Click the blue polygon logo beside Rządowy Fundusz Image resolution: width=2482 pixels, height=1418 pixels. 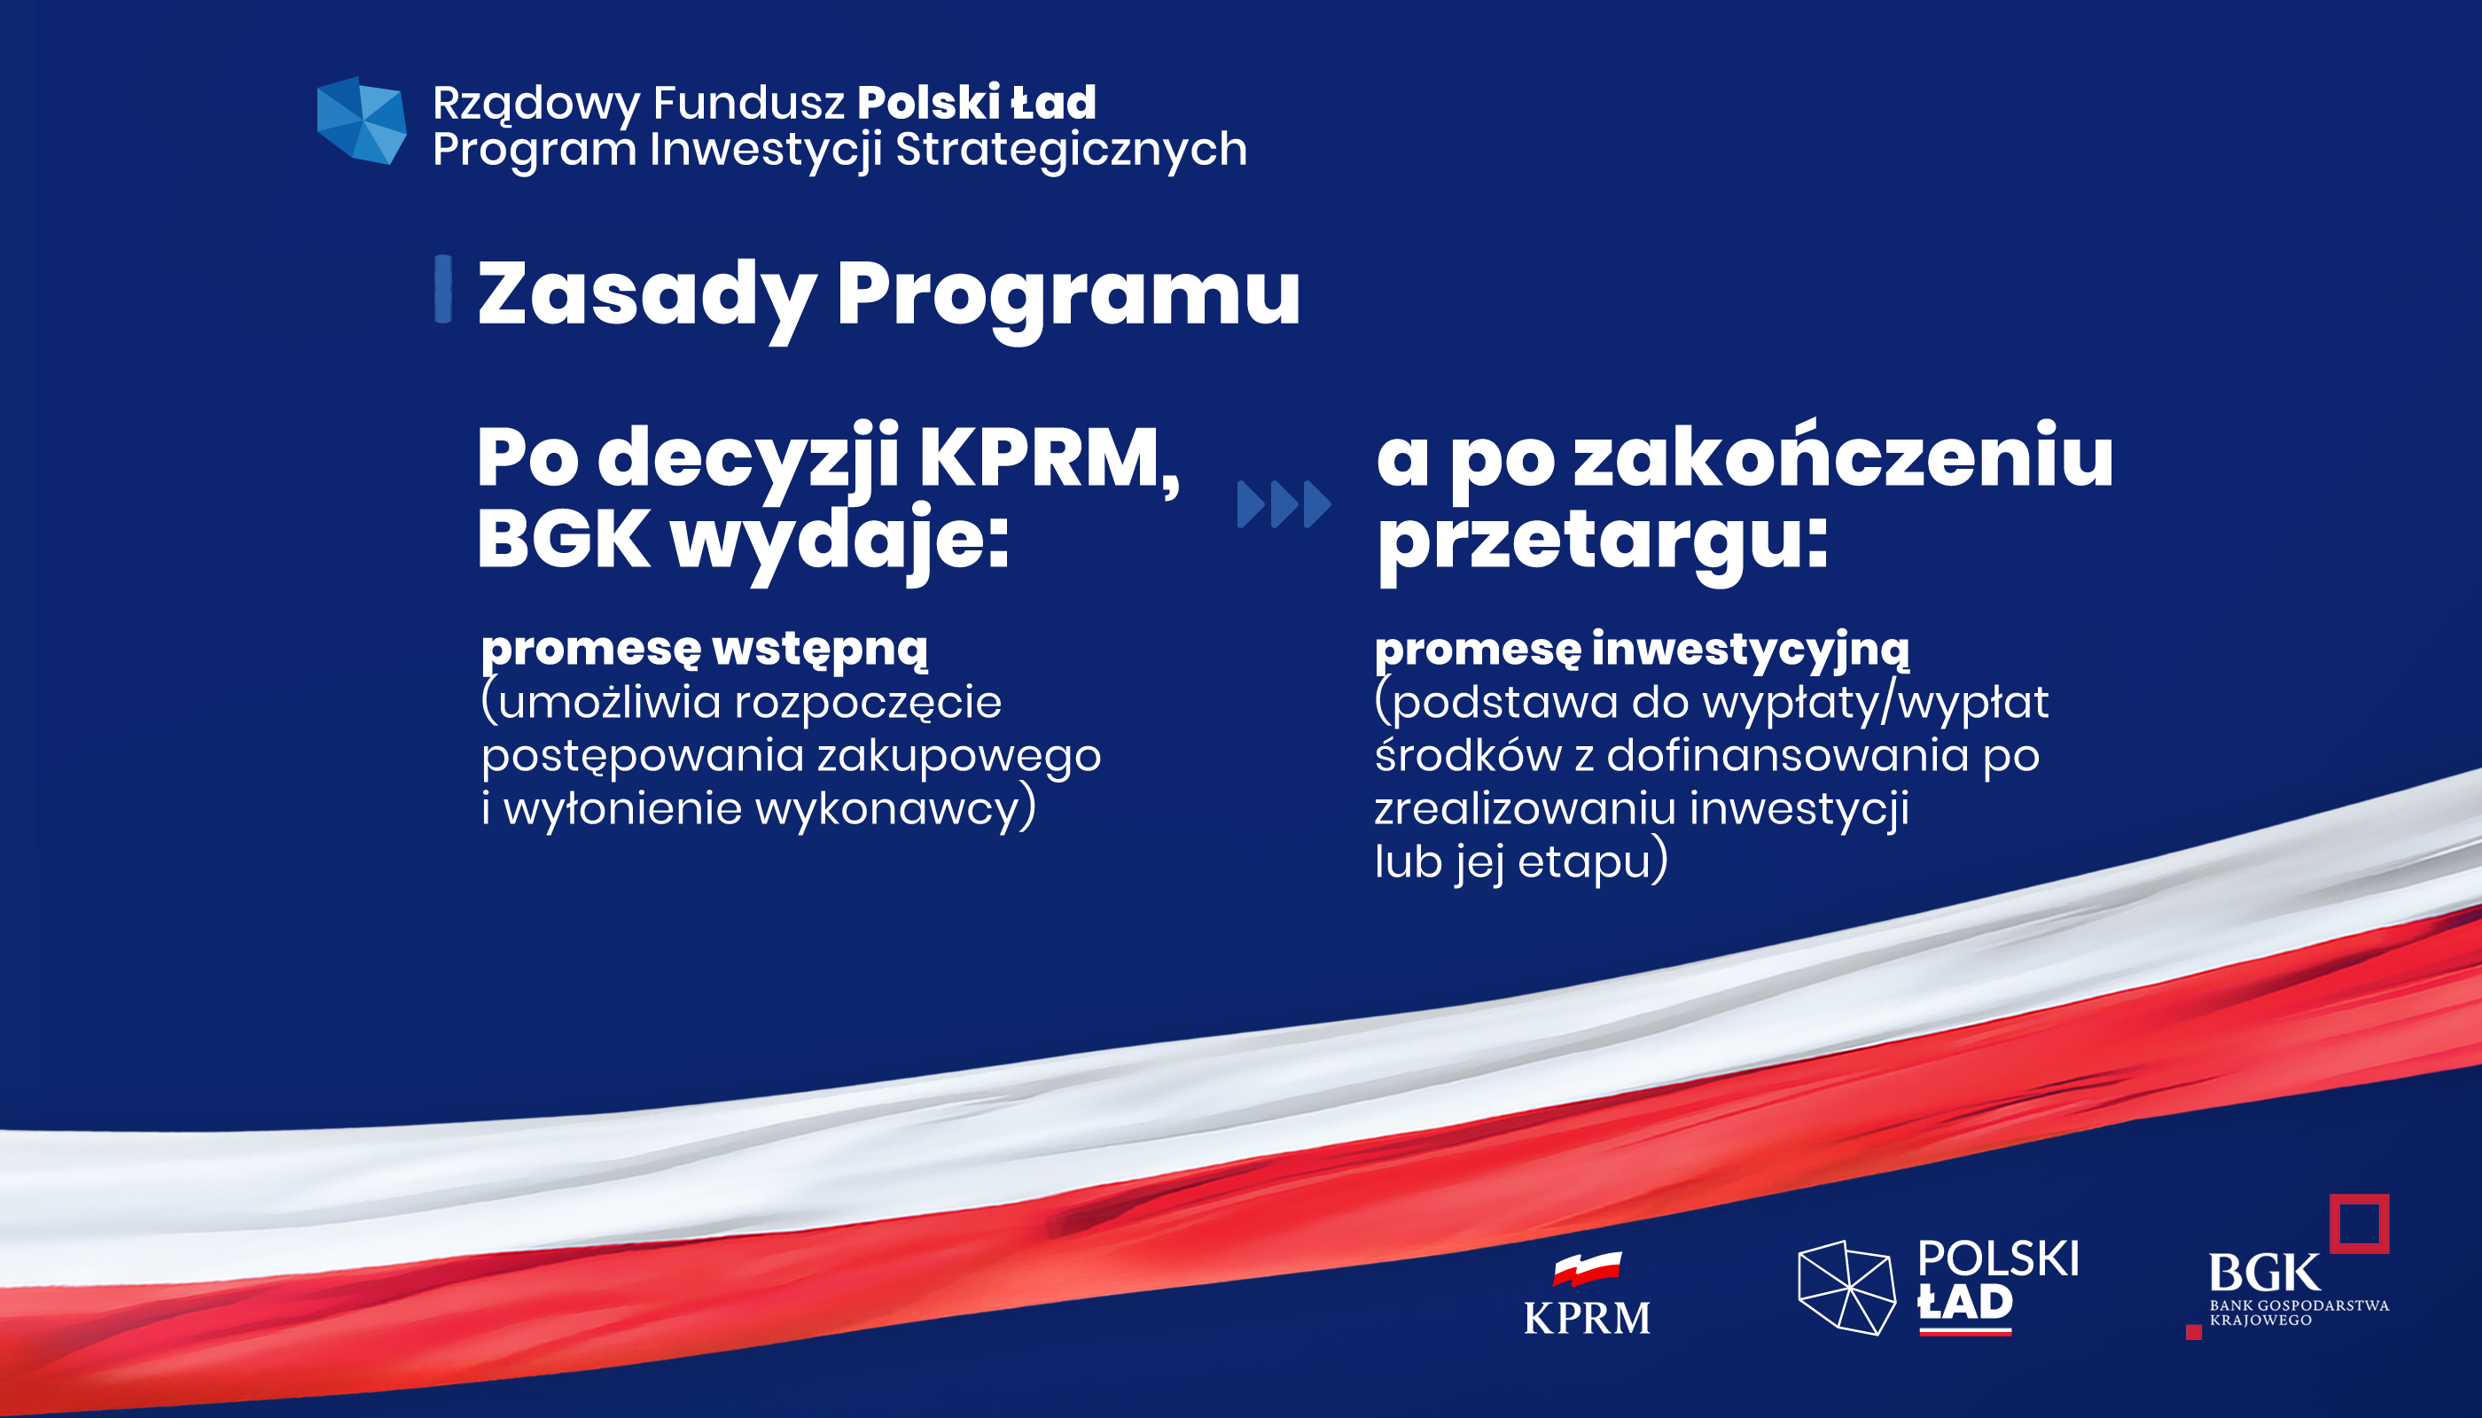[x=362, y=121]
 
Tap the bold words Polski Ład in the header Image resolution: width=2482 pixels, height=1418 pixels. [x=977, y=102]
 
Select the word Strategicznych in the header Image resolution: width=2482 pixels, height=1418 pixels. [x=1072, y=150]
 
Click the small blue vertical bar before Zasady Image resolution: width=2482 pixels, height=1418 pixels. [x=443, y=288]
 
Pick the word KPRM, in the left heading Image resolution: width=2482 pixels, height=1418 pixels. [x=1050, y=460]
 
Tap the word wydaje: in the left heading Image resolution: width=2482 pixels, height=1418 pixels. [x=839, y=543]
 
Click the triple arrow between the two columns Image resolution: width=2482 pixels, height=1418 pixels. [x=1284, y=504]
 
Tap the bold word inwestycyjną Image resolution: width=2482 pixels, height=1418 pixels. [x=1751, y=651]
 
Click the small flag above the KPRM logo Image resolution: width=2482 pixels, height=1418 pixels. [x=1587, y=1269]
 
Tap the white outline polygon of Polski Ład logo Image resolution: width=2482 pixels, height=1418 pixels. [x=1846, y=1288]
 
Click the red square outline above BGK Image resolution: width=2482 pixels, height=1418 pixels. [x=2360, y=1223]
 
